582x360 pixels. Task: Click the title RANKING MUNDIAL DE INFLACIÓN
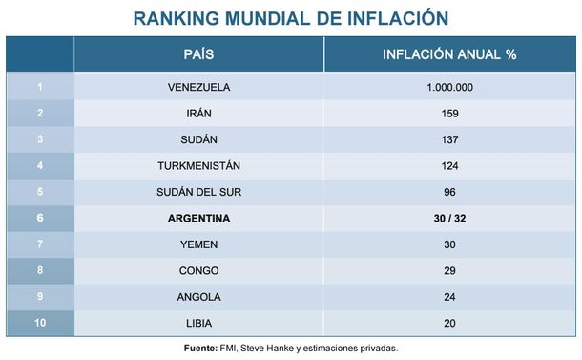[290, 18]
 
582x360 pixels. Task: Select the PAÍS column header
[198, 54]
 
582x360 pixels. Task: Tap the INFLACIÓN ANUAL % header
[450, 54]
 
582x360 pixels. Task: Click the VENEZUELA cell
[198, 87]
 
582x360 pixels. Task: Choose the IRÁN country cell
[198, 114]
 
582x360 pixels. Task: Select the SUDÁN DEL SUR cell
[198, 192]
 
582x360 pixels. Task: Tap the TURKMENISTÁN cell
[198, 166]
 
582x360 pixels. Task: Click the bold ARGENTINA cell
[198, 219]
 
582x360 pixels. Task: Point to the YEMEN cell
[198, 244]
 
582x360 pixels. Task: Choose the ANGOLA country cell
[198, 297]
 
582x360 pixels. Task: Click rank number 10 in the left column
[40, 323]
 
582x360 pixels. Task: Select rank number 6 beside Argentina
[40, 219]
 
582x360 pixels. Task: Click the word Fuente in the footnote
[200, 348]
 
